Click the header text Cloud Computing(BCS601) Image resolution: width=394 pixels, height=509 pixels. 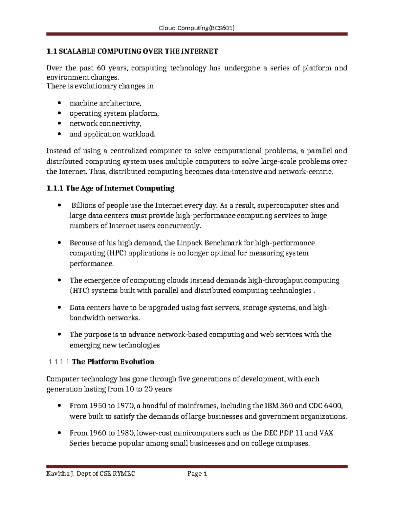tap(196, 28)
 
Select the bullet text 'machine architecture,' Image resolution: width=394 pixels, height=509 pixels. tap(105, 103)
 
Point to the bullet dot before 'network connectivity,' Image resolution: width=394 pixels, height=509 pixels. tap(59, 124)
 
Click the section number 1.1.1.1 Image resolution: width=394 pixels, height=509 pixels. tap(58, 362)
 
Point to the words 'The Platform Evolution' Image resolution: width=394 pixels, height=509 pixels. tap(113, 362)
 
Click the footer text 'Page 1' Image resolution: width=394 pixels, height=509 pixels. tap(197, 474)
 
